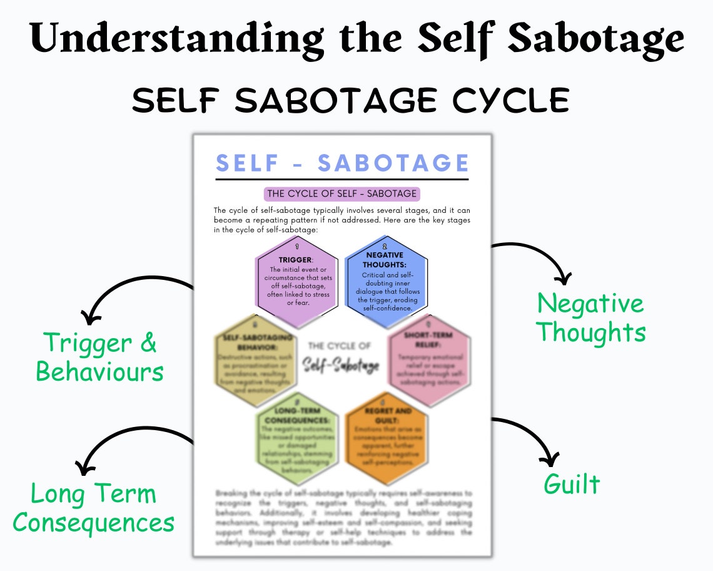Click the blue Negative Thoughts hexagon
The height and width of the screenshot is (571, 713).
pyautogui.click(x=387, y=281)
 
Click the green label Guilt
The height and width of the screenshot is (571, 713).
pyautogui.click(x=572, y=484)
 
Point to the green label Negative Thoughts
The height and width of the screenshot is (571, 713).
pyautogui.click(x=591, y=317)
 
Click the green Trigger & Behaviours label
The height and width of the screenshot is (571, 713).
pyautogui.click(x=100, y=357)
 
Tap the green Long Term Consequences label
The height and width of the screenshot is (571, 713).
pyautogui.click(x=93, y=508)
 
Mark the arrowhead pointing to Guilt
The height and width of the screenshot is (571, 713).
pyautogui.click(x=549, y=460)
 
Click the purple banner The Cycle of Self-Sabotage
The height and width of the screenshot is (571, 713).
pyautogui.click(x=341, y=193)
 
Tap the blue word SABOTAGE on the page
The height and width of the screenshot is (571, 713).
pyautogui.click(x=393, y=163)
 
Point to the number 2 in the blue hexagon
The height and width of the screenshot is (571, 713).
pyautogui.click(x=385, y=247)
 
